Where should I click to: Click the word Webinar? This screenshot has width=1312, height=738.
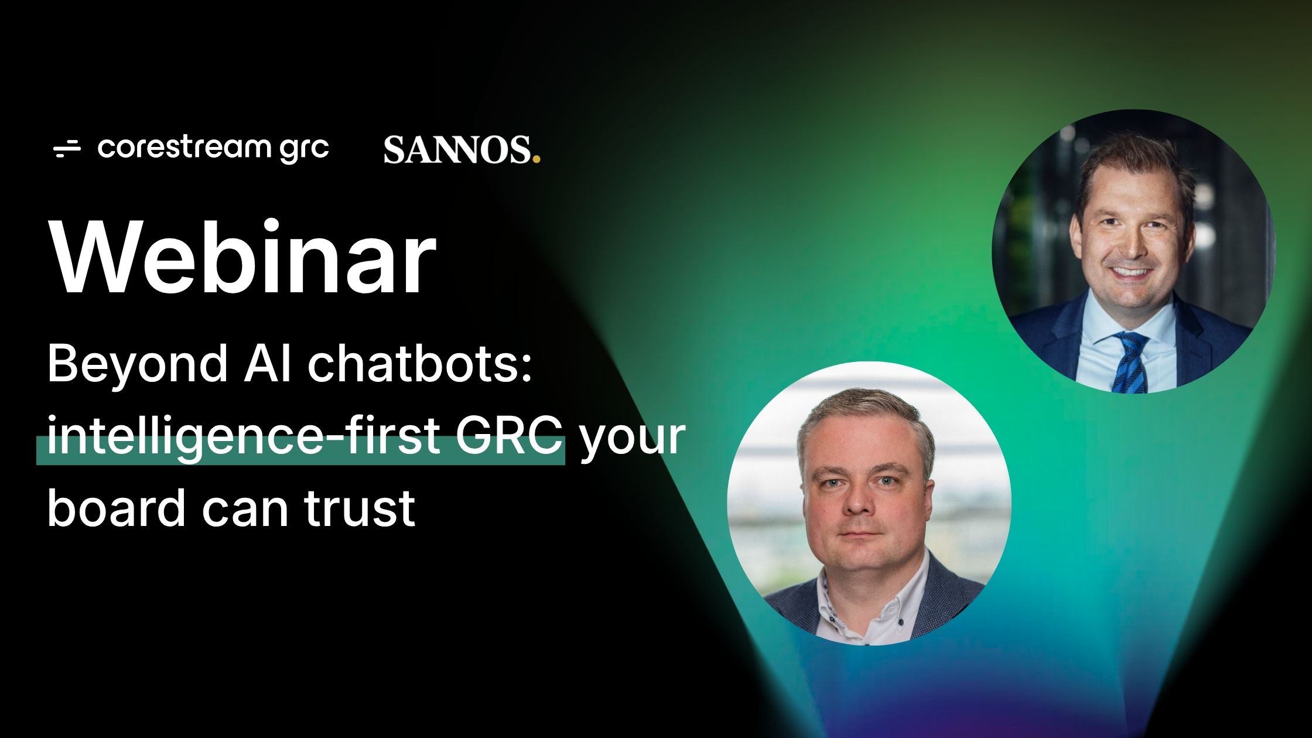point(244,257)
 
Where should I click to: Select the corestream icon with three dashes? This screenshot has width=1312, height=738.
point(67,149)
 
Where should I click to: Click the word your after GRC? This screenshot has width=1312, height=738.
point(633,441)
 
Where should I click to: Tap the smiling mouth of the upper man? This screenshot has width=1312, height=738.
point(1129,272)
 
